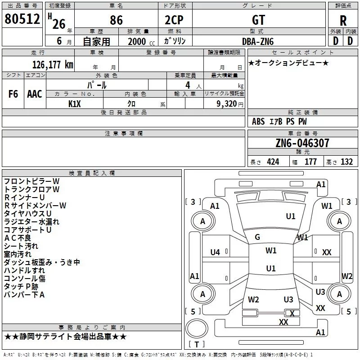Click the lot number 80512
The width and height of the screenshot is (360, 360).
22,19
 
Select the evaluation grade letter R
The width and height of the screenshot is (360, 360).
343,21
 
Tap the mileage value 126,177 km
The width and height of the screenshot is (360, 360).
53,65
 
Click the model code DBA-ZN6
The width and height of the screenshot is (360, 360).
258,41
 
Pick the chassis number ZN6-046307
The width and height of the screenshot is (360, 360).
302,143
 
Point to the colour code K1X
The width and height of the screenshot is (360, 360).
75,104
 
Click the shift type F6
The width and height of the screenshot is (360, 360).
13,94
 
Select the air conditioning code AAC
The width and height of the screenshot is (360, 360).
35,94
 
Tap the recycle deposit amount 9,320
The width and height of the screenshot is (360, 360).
227,103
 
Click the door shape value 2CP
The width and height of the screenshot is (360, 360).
174,20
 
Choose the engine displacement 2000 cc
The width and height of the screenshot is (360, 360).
141,41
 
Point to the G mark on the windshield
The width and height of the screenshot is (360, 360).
257,237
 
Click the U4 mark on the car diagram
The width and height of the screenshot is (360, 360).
215,252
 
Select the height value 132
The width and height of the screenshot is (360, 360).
346,162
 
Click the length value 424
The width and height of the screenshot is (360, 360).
273,162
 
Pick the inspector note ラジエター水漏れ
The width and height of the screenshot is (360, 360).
31,221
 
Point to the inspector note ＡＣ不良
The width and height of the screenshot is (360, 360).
18,238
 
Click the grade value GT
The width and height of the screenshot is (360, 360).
258,20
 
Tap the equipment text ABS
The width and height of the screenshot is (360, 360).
258,121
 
